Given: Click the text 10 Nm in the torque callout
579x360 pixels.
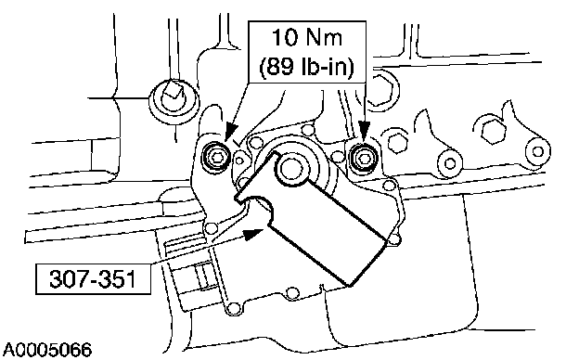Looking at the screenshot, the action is [x=306, y=38].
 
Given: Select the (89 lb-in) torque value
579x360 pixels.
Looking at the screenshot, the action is [x=307, y=67].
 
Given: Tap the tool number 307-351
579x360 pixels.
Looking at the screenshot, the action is [x=92, y=278].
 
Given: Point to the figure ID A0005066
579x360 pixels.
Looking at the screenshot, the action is [x=47, y=350].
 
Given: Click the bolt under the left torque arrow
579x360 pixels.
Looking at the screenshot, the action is [x=216, y=158].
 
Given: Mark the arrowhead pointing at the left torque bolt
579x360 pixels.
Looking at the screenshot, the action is [x=232, y=132].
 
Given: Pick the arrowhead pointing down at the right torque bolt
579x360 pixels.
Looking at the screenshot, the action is [x=364, y=132].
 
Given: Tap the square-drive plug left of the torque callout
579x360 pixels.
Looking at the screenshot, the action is [x=173, y=97].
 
